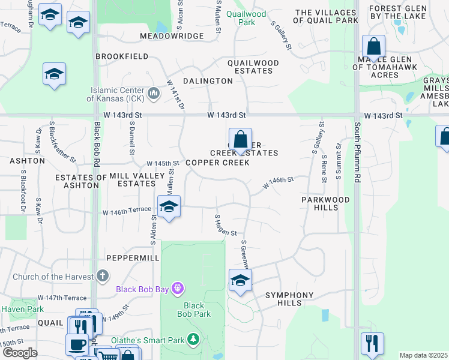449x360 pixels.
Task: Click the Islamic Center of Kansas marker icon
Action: pyautogui.click(x=154, y=93)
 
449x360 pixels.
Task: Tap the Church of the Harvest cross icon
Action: pyautogui.click(x=103, y=277)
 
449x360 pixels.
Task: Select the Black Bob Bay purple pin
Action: pyautogui.click(x=176, y=289)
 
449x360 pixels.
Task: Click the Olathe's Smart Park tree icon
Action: pyautogui.click(x=193, y=341)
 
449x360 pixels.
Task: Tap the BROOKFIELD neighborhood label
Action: pyautogui.click(x=122, y=56)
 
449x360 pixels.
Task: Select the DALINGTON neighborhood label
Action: pyautogui.click(x=208, y=81)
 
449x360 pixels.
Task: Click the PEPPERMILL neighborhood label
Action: pyautogui.click(x=133, y=257)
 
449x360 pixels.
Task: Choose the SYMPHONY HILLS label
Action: pyautogui.click(x=289, y=299)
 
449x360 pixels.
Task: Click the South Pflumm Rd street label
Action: pyautogui.click(x=357, y=154)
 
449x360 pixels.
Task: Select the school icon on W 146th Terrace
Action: pyautogui.click(x=169, y=207)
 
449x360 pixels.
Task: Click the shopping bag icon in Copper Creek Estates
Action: pyautogui.click(x=240, y=140)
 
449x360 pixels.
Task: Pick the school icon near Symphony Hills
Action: pyautogui.click(x=240, y=280)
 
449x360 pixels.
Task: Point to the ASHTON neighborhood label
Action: pyautogui.click(x=27, y=161)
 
